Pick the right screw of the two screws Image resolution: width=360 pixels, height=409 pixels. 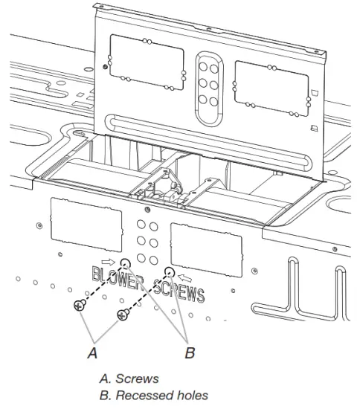coord(121,315)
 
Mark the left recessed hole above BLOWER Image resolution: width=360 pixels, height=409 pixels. coord(126,263)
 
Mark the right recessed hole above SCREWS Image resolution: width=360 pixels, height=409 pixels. coord(170,271)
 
